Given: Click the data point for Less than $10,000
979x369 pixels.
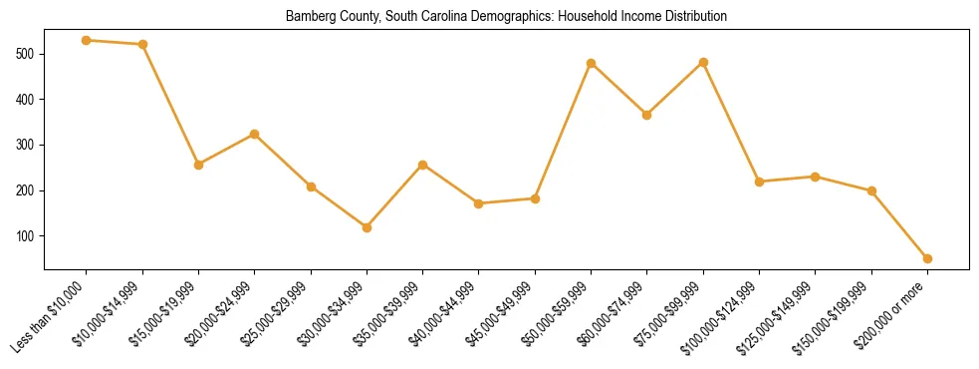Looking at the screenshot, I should [x=87, y=41].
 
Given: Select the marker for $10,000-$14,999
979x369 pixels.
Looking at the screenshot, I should [x=142, y=45].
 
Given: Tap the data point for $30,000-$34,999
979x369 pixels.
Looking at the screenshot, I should [x=367, y=227].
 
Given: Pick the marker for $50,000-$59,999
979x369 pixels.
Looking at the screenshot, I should [x=592, y=64].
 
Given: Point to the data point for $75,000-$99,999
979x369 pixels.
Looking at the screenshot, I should [x=703, y=62].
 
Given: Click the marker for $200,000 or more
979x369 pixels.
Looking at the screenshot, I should [x=927, y=258].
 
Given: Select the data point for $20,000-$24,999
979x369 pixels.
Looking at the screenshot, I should [x=255, y=134].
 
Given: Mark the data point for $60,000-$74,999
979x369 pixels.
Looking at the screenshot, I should [x=647, y=115].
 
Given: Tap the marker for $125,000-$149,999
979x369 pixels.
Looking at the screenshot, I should [x=816, y=177].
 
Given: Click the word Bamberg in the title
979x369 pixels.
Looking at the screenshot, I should [x=307, y=17].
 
